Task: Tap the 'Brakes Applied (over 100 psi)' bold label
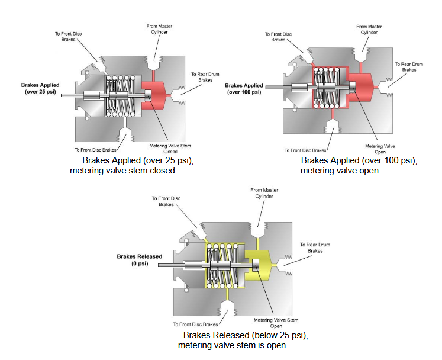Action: tap(244, 89)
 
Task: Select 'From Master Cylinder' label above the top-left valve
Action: tap(160, 28)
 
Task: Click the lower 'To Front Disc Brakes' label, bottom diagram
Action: tap(196, 324)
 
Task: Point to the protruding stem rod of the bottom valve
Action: tap(171, 265)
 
